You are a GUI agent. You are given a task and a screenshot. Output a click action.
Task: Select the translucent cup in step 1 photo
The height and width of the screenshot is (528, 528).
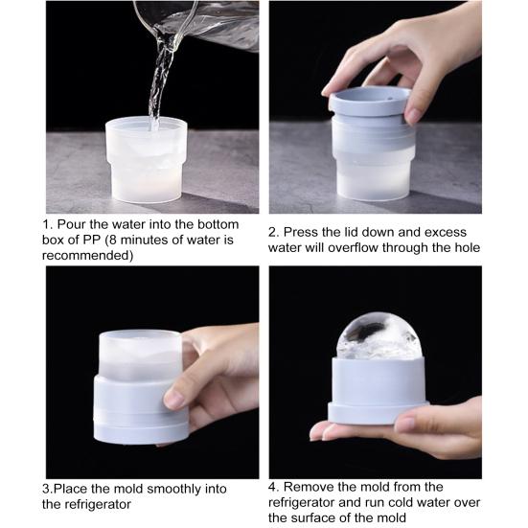[x=147, y=160]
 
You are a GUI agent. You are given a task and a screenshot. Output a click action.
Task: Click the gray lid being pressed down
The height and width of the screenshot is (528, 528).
[x=370, y=102]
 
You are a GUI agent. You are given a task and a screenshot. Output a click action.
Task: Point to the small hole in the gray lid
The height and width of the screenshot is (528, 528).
[x=391, y=99]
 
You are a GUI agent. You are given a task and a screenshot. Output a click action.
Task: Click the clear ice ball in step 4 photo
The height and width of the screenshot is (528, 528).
[x=379, y=336]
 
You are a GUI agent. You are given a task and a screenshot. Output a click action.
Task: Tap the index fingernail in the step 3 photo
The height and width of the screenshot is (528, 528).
[x=172, y=399]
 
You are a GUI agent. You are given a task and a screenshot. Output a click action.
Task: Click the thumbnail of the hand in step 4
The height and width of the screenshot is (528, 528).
[x=405, y=425]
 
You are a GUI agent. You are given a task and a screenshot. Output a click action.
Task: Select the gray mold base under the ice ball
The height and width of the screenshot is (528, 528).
[x=379, y=391]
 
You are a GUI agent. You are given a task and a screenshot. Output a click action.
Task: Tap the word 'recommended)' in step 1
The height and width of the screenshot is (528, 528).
[x=88, y=255]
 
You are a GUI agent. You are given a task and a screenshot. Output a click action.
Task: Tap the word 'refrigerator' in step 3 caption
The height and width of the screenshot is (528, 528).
[x=98, y=504]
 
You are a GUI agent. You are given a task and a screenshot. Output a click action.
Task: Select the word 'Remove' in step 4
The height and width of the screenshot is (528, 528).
[x=310, y=487]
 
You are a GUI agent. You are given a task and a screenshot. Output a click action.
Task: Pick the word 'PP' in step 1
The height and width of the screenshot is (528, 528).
[x=92, y=240]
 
